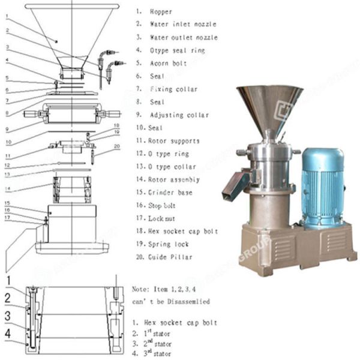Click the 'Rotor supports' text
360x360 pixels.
tap(175, 141)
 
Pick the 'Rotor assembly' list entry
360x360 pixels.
tap(175, 179)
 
